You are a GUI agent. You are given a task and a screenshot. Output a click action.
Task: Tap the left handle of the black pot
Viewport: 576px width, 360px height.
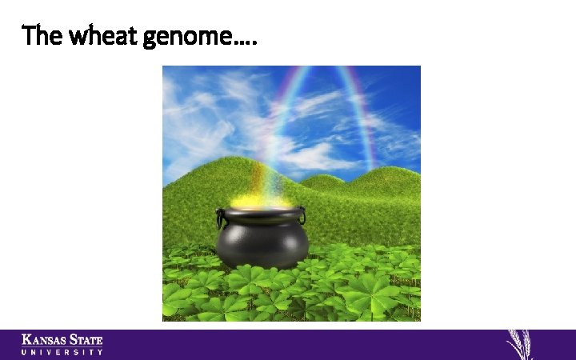[219, 216]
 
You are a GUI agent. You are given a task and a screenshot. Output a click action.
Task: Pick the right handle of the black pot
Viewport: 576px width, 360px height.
[302, 215]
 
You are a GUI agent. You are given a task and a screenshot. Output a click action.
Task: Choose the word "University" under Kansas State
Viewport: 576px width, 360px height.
[62, 352]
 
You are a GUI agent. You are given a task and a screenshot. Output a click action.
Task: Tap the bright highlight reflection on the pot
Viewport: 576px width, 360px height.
[240, 232]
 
